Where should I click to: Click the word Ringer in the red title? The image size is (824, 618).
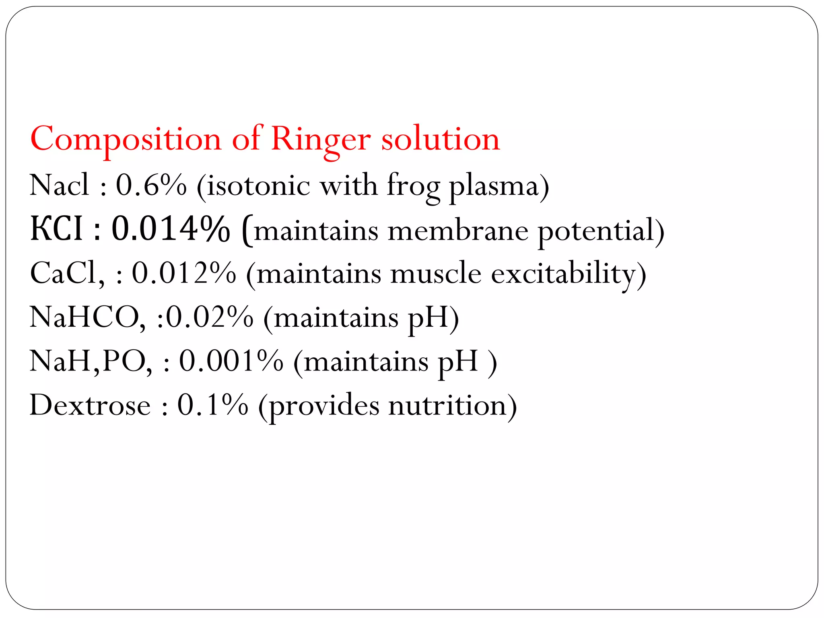pyautogui.click(x=320, y=140)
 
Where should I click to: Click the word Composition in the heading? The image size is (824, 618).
pyautogui.click(x=126, y=140)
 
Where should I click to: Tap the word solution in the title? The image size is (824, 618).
pyautogui.click(x=440, y=140)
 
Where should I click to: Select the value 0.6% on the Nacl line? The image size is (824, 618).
pyautogui.click(x=151, y=185)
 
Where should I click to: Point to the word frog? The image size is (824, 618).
pyautogui.click(x=413, y=186)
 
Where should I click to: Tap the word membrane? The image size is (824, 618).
pyautogui.click(x=457, y=231)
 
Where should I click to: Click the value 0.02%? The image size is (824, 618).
pyautogui.click(x=210, y=317)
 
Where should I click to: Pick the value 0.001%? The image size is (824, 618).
pyautogui.click(x=231, y=361)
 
